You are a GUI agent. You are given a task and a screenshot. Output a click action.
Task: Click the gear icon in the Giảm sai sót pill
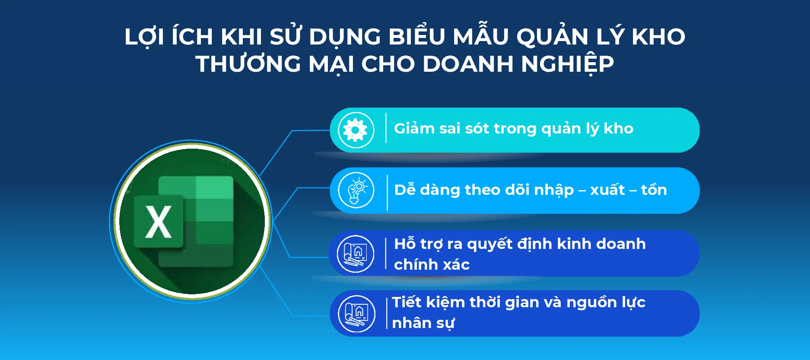click(x=356, y=130)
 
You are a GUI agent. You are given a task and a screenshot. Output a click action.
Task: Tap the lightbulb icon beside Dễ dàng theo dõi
click(x=356, y=191)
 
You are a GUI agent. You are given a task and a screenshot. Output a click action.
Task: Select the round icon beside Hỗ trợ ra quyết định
click(x=356, y=254)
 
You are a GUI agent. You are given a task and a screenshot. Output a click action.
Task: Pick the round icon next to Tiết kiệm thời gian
click(x=356, y=314)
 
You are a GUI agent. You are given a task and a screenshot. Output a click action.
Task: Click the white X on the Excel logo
click(x=159, y=222)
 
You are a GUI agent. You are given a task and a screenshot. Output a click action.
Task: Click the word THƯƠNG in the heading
click(x=248, y=64)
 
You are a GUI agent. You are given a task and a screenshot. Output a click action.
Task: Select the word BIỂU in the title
click(x=416, y=36)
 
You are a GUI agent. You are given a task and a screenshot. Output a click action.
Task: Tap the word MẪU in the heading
click(x=480, y=36)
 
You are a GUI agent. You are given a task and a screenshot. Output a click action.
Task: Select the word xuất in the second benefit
click(x=607, y=190)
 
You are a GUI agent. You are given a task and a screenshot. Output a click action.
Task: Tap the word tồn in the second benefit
click(x=654, y=190)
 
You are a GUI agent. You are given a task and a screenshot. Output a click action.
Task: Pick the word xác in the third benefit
click(x=455, y=264)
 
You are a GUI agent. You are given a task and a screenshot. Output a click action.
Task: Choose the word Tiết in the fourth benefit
click(x=407, y=302)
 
